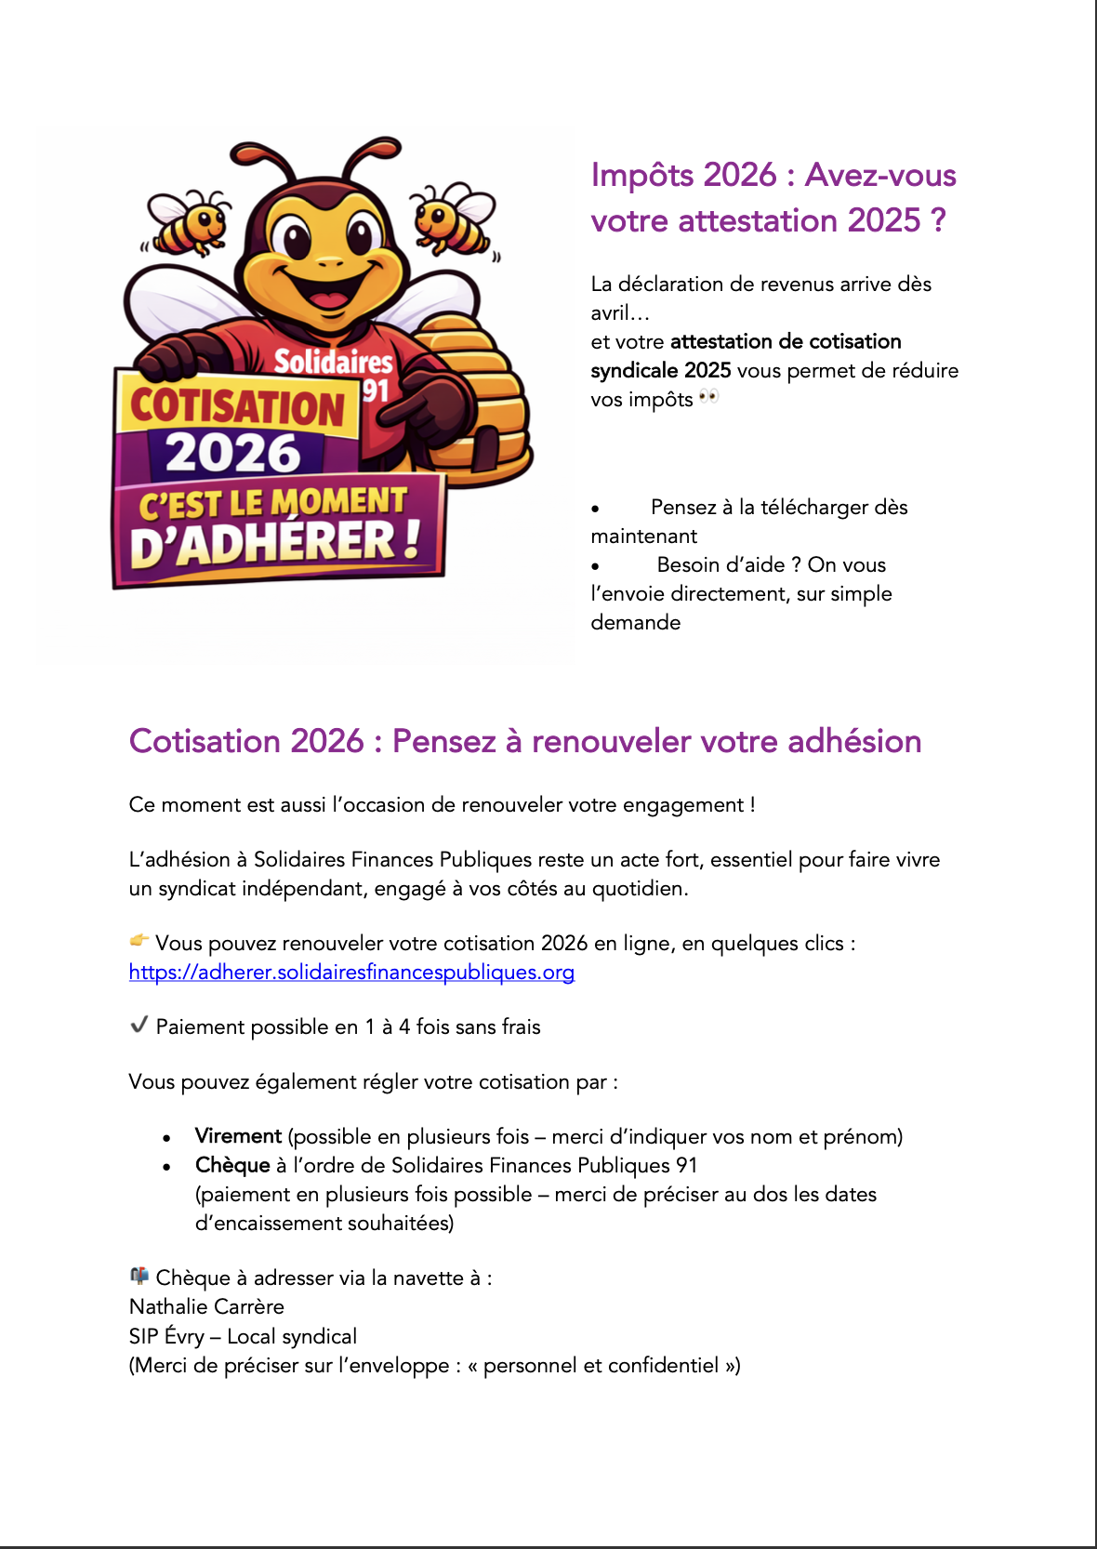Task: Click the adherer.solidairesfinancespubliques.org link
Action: click(x=351, y=973)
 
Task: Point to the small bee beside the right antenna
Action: click(x=453, y=219)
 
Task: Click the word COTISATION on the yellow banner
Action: click(x=237, y=407)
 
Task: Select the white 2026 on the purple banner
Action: click(x=233, y=454)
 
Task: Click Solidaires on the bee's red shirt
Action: click(x=333, y=361)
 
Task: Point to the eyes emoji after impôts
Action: click(x=708, y=397)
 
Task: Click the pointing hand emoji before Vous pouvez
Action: click(x=139, y=940)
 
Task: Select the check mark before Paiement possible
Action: click(x=139, y=1025)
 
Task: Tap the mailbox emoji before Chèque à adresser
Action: click(x=139, y=1275)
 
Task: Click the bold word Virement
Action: click(x=238, y=1136)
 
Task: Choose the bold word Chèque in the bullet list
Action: click(x=232, y=1165)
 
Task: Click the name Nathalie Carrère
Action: click(x=206, y=1306)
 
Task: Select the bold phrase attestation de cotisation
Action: click(x=786, y=341)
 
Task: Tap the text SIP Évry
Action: click(x=166, y=1336)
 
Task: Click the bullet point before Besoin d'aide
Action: click(x=596, y=565)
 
